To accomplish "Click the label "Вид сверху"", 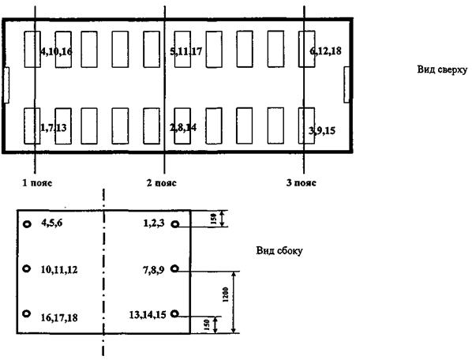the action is coord(442,69).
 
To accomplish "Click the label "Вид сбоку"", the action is coord(279,250).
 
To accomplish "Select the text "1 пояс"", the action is coord(37,182).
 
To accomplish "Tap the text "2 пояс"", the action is coord(161,182).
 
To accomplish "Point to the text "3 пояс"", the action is coord(301,182).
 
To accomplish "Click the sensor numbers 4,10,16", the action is coord(56,51).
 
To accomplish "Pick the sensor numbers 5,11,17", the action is coord(186,51).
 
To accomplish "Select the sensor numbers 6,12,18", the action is coord(325,51).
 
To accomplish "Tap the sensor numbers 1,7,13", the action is coord(54,128).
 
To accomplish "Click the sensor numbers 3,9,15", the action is coord(322,130).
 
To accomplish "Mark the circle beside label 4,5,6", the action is coord(28,224).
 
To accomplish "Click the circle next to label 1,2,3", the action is coord(175,224).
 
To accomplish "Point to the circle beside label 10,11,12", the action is coord(27,268).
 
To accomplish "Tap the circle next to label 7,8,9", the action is coord(175,268).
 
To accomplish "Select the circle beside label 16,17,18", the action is coord(27,313).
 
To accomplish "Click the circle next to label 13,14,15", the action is coord(174,313).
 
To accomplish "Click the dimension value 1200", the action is coord(226,294).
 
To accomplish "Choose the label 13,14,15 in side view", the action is coord(148,315).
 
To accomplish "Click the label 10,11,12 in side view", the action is coord(59,270).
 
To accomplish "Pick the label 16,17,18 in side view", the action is coord(59,317).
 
